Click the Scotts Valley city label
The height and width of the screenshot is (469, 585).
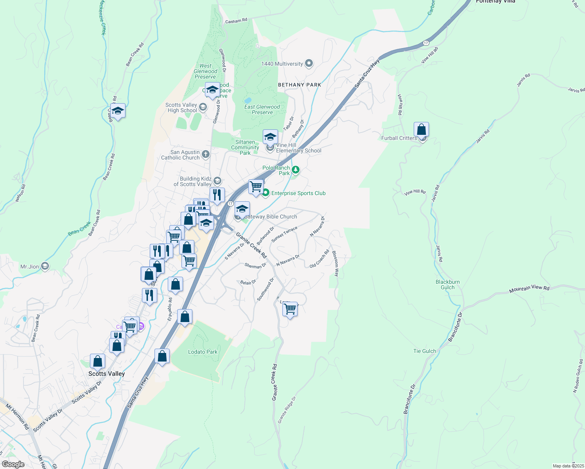tap(106, 374)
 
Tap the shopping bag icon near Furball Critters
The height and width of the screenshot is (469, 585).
tap(421, 129)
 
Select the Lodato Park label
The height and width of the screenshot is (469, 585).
tap(203, 352)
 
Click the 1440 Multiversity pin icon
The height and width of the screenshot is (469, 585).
tap(309, 63)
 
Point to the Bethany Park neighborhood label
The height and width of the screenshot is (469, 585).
tap(300, 85)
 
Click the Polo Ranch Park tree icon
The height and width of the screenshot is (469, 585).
tap(296, 170)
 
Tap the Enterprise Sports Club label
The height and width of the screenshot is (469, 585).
tap(298, 193)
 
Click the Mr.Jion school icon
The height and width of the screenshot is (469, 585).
tap(45, 267)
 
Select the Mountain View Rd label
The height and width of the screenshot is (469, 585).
tap(529, 289)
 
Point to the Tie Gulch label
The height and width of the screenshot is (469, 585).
tap(425, 351)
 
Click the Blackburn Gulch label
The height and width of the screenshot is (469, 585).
tap(448, 285)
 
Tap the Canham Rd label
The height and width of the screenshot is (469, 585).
tap(236, 21)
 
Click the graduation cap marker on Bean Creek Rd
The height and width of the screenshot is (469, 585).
tap(118, 111)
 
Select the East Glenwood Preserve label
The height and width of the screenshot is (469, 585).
tap(262, 109)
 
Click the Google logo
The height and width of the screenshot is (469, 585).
tap(13, 464)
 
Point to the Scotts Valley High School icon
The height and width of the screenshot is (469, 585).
tap(203, 107)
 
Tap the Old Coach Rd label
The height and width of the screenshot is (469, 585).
tap(319, 259)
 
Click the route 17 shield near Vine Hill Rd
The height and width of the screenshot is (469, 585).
tap(426, 43)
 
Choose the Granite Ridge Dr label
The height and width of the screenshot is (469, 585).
tap(287, 410)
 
